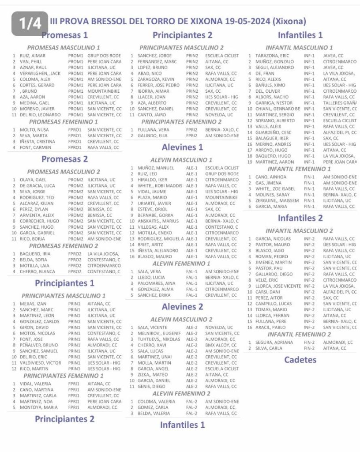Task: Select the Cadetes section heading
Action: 300,360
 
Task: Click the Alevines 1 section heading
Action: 182,147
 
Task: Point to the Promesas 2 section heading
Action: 64,159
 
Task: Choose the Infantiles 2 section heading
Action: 300,218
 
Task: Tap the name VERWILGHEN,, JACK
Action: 40,73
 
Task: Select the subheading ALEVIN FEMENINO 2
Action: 180,393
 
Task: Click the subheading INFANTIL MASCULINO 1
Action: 299,48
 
